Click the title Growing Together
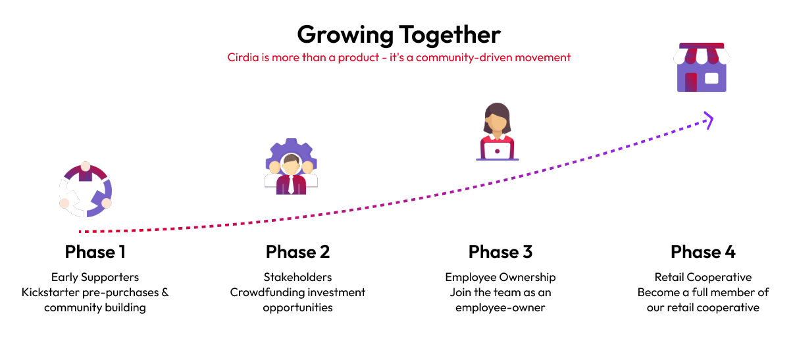point(398,34)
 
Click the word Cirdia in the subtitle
point(242,57)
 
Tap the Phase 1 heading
point(95,252)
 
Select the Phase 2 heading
point(297,252)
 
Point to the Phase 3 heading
point(500,252)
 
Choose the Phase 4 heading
point(703,252)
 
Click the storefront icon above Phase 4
point(702,67)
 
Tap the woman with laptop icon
point(498,132)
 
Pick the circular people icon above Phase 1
point(85,190)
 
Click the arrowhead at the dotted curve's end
point(707,120)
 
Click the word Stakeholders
point(297,277)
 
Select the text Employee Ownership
point(500,277)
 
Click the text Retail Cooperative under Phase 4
point(703,277)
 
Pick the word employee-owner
point(500,307)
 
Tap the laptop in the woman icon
point(498,151)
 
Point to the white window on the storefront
point(711,78)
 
